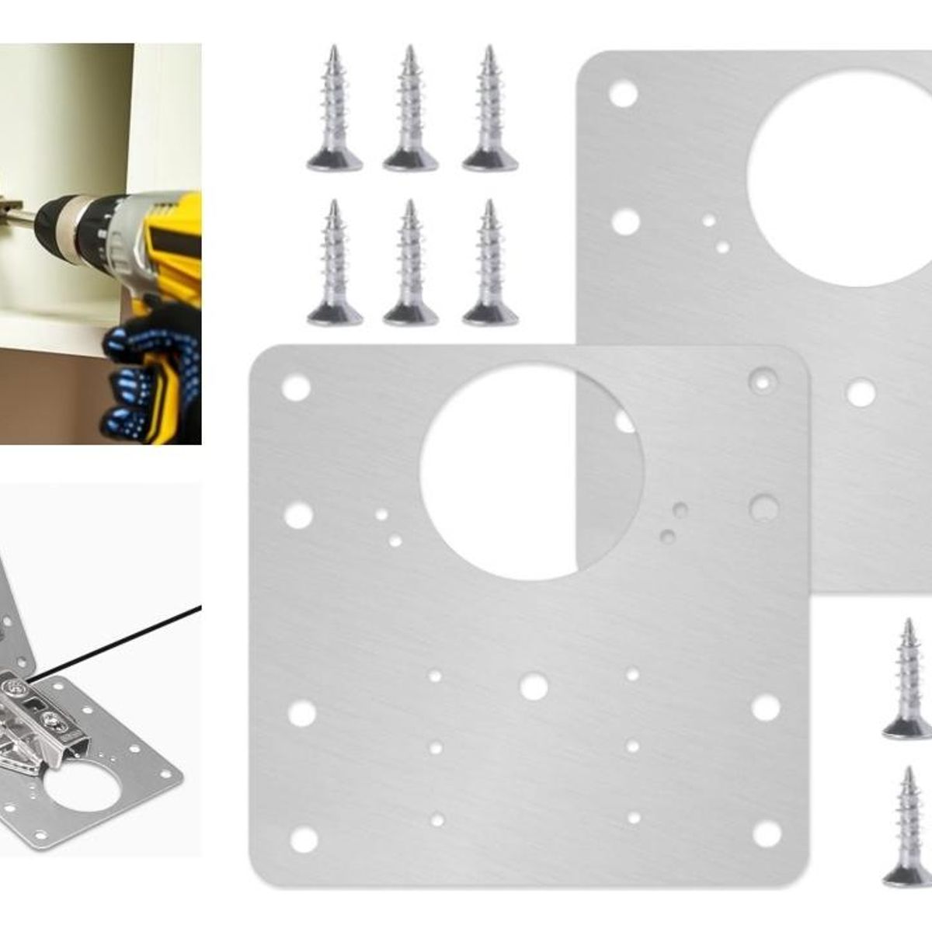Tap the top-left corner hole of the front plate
[296, 388]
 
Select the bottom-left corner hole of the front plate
[304, 840]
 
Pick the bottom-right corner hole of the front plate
[767, 834]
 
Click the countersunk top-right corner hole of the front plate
[763, 380]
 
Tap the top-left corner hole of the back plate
[623, 95]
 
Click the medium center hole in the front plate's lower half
[534, 687]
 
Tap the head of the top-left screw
[335, 161]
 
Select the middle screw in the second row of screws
[410, 264]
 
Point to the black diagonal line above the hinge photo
[116, 637]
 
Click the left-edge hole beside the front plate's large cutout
[299, 515]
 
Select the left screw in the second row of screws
[335, 264]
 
